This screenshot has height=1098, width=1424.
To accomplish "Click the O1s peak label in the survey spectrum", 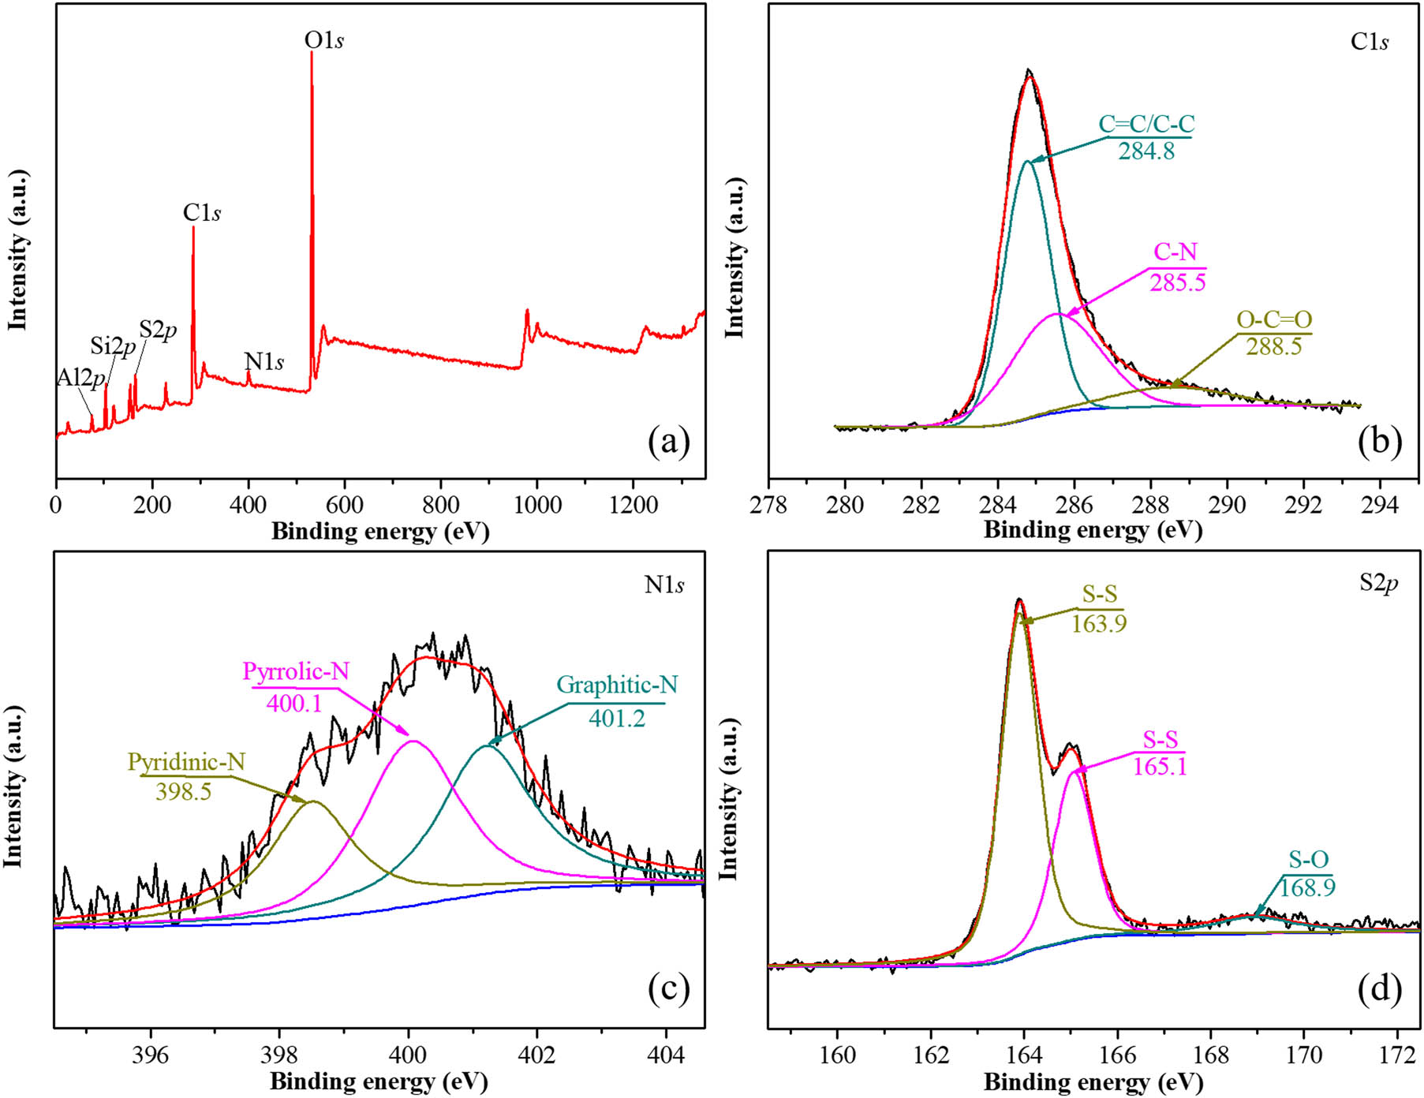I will click(x=323, y=40).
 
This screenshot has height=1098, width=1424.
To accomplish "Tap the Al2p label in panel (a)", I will click(x=81, y=378).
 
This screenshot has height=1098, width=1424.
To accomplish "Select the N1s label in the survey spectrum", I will click(x=264, y=361).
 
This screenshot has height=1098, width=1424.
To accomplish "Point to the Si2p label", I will click(x=113, y=345).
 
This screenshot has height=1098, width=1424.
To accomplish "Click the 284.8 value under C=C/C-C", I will click(x=1146, y=151).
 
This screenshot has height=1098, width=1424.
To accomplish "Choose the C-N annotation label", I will click(x=1175, y=252).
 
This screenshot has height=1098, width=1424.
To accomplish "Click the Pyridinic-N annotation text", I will click(x=186, y=762).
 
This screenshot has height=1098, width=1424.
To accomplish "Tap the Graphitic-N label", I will click(x=617, y=685).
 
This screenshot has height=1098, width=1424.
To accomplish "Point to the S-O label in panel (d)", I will click(x=1309, y=860).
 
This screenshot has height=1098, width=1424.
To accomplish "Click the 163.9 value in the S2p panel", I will click(x=1099, y=624).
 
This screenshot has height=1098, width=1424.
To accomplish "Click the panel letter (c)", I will click(x=668, y=989).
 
